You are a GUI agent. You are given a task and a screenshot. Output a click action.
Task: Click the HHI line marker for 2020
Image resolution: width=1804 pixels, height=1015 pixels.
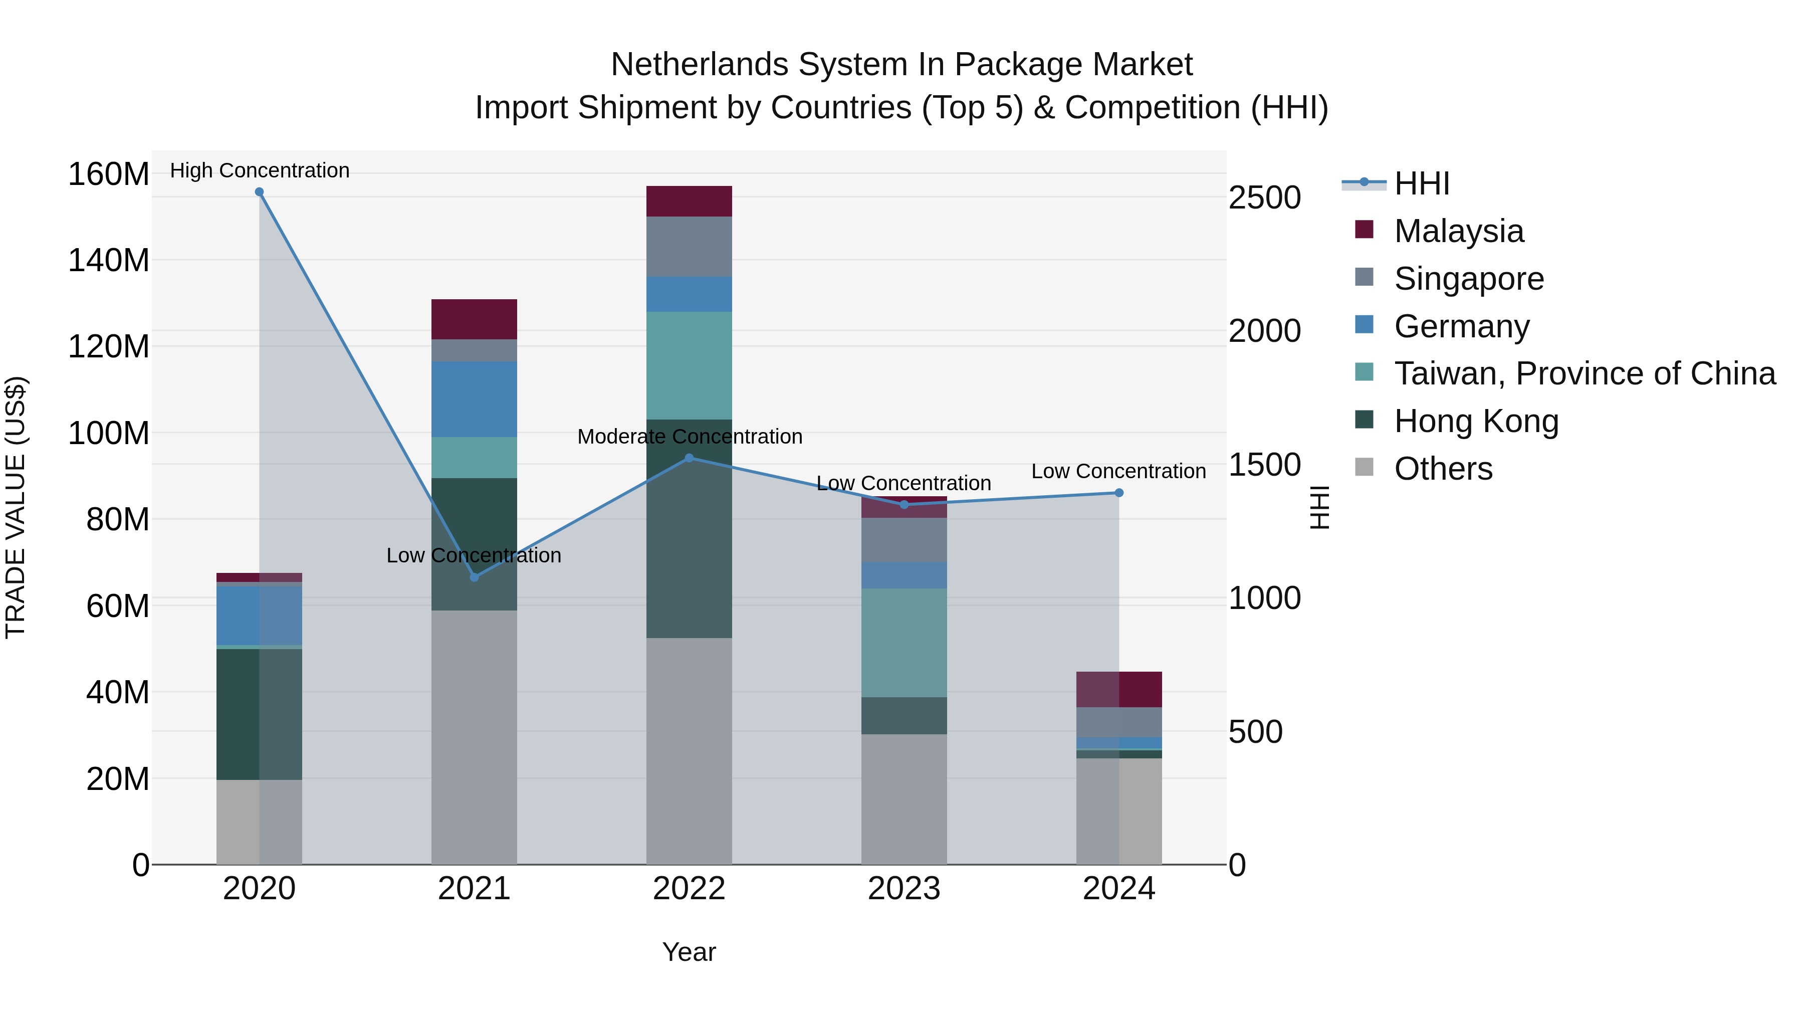[259, 192]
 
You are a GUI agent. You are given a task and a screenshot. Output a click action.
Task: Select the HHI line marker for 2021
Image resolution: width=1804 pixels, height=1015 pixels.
[474, 577]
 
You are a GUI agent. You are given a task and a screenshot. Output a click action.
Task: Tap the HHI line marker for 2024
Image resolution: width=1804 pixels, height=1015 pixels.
[1118, 493]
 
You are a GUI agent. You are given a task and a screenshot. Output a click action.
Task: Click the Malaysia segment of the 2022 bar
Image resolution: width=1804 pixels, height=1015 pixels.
[689, 201]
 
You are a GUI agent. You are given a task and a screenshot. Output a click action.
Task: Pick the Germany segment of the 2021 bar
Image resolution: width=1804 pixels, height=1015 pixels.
[474, 399]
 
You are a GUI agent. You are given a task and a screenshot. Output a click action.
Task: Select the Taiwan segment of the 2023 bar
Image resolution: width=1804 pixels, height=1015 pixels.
[904, 643]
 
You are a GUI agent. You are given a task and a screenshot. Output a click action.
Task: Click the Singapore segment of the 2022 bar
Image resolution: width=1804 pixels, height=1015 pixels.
[689, 247]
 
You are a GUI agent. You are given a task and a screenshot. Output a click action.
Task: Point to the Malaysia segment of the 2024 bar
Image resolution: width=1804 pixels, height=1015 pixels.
[1118, 689]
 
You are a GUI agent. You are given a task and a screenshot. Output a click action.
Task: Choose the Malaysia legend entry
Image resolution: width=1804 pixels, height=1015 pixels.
[1458, 231]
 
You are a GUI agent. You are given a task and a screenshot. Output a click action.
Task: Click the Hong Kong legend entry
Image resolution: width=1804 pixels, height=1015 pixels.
[1476, 421]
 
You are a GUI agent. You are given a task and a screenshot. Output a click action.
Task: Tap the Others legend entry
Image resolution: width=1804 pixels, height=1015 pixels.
[1443, 469]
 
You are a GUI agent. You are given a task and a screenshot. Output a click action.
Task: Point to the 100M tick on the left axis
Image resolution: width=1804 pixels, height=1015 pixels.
[109, 433]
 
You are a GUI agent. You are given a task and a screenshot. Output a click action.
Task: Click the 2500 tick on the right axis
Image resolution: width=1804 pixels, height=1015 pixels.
[1264, 197]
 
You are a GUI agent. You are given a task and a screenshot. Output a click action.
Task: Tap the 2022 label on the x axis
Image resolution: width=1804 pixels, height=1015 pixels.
[689, 889]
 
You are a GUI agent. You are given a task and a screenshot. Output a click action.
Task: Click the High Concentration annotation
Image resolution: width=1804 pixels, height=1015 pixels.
[259, 170]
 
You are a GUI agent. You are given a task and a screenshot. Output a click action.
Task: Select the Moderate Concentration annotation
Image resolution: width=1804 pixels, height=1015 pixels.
[689, 437]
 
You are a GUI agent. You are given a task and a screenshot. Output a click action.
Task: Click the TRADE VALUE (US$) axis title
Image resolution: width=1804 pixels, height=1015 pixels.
[16, 507]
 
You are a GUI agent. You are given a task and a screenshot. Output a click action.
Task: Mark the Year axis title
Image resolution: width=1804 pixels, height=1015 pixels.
[689, 952]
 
